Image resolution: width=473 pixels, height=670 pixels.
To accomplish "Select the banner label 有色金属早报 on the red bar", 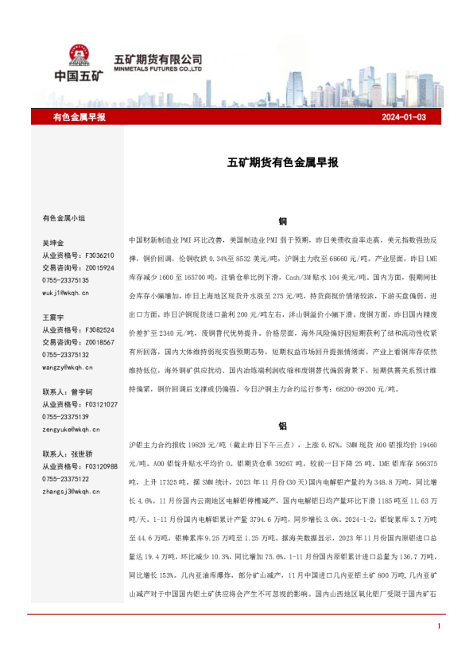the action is [x=79, y=117].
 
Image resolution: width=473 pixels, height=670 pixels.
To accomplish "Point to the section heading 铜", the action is [x=283, y=220].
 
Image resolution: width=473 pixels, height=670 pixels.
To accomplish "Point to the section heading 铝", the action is [x=283, y=426].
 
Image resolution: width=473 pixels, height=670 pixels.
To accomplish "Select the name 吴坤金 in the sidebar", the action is [x=53, y=243].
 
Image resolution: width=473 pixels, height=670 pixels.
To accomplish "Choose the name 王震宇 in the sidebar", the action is [x=53, y=317].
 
